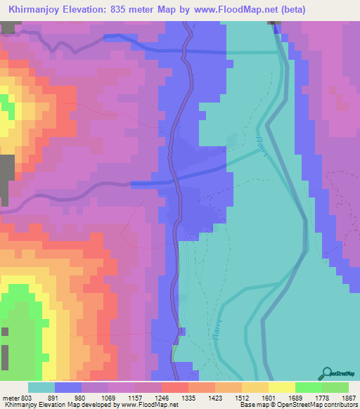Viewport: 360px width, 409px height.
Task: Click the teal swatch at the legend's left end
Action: tap(41, 387)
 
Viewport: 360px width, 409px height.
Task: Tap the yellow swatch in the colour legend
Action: tap(281, 387)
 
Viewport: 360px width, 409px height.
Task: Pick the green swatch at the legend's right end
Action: tap(335, 387)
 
